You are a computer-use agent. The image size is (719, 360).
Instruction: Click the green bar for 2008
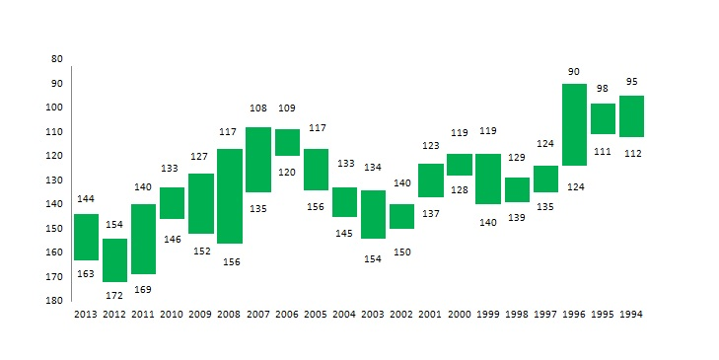point(230,196)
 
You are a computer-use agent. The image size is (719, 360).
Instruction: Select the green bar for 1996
point(574,124)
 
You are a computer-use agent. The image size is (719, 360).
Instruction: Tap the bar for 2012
point(114,260)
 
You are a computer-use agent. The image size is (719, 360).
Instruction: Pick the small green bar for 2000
point(460,164)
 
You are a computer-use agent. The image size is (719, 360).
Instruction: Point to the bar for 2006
point(288,142)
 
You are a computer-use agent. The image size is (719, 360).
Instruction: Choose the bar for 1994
point(631,116)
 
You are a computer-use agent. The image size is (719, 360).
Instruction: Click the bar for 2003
point(373,214)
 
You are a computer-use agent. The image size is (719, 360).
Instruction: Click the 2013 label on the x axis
point(86,315)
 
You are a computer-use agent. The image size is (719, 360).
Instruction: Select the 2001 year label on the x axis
point(430,315)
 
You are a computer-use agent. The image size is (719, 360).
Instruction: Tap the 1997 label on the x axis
point(545,315)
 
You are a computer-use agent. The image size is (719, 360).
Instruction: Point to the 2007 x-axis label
point(258,315)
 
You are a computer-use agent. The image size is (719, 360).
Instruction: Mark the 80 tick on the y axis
point(57,59)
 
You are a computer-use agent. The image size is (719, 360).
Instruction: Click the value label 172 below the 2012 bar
point(114,296)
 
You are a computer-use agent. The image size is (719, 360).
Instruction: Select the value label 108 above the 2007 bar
point(258,108)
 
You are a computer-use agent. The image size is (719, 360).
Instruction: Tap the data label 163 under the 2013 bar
point(86,274)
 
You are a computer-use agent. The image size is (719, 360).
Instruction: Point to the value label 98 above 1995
point(602,88)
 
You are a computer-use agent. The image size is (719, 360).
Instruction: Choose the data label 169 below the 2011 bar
point(143,290)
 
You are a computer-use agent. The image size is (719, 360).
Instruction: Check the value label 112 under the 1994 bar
point(633,154)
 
